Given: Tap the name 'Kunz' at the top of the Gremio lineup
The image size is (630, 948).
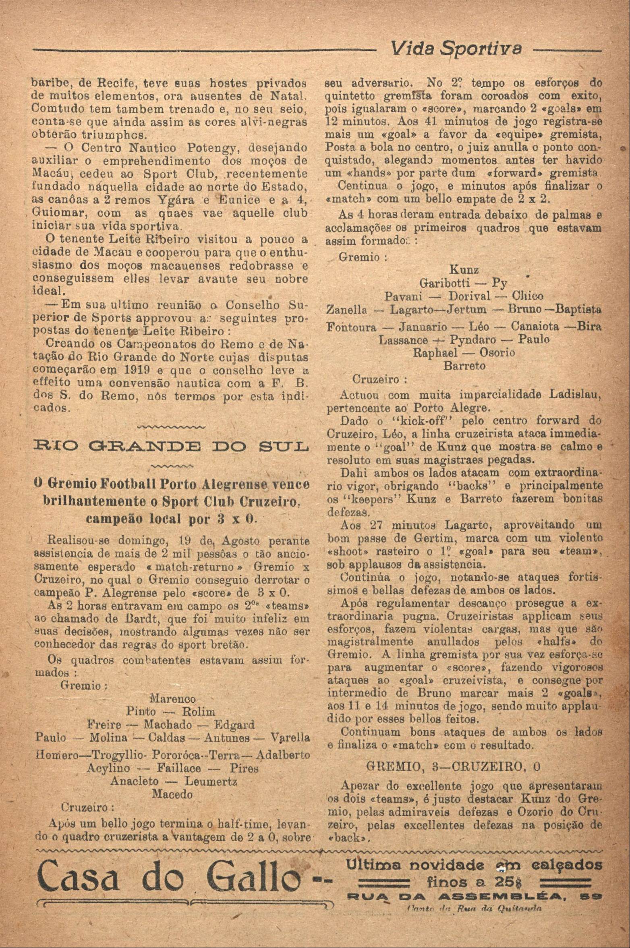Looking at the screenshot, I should click(464, 270).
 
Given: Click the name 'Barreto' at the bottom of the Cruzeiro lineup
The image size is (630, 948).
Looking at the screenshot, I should click(464, 366).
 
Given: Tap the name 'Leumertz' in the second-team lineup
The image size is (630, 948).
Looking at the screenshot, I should click(211, 782).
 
